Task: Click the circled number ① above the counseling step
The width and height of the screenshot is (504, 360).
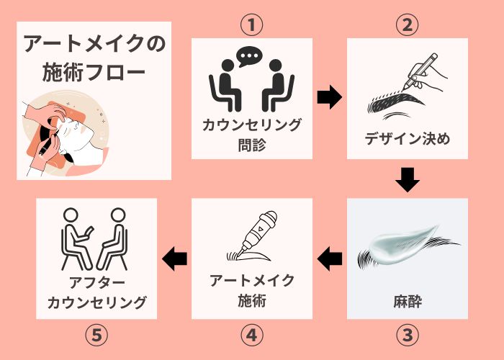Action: pos(251,24)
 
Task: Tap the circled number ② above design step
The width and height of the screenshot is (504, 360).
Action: pos(408,24)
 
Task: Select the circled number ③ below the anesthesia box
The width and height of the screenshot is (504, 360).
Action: pos(408,335)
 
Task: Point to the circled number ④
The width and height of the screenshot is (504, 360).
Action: pos(251,335)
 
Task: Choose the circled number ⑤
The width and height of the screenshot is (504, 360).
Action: pos(96,335)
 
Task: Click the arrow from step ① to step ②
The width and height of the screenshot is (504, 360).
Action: pos(329,98)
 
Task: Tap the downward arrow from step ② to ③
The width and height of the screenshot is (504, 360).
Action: pos(408,179)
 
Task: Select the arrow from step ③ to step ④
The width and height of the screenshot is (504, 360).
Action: pos(330,256)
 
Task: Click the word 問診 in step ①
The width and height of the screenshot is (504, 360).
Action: pos(251,144)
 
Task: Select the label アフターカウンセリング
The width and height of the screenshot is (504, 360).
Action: pos(96,291)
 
